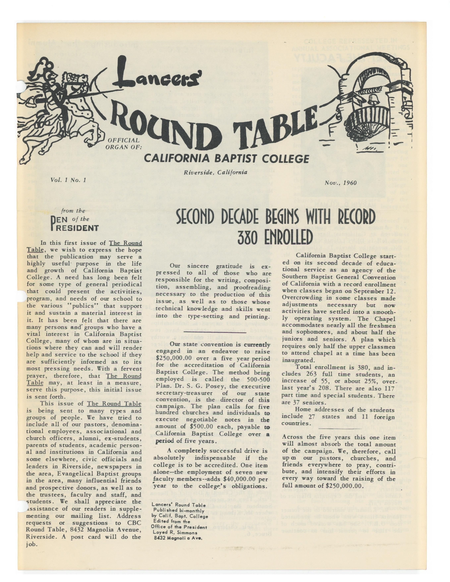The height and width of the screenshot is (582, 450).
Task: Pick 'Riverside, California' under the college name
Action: (x=215, y=172)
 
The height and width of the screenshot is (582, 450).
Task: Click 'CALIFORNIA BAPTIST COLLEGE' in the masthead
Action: (x=227, y=159)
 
